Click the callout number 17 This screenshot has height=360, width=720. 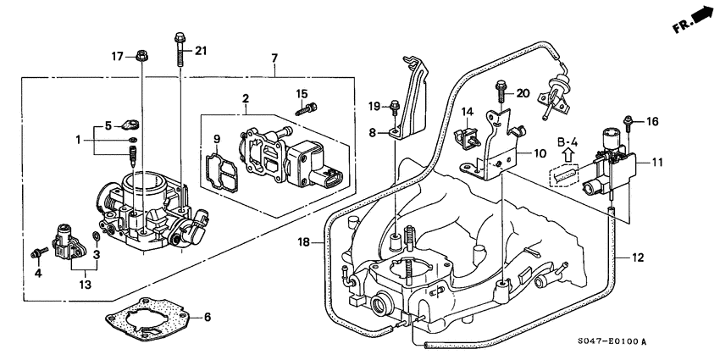118,57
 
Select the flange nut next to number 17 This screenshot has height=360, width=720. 141,57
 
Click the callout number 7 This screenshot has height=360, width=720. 274,58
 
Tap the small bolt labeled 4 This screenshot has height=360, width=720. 40,252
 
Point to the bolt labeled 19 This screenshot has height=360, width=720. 395,107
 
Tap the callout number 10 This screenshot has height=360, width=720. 540,153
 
